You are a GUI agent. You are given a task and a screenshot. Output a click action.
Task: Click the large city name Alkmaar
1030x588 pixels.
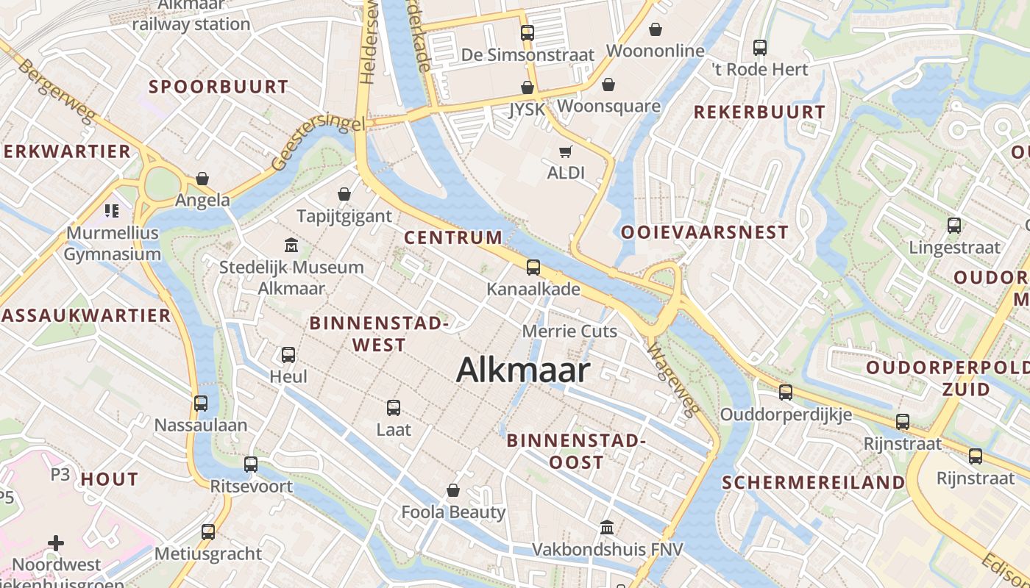pyautogui.click(x=523, y=370)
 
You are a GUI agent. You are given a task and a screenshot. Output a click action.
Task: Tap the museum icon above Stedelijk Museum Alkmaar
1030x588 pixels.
pyautogui.click(x=291, y=245)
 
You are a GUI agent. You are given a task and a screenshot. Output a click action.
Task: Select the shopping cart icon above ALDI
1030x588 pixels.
pyautogui.click(x=565, y=151)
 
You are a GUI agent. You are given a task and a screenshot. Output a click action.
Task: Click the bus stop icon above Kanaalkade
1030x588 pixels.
pyautogui.click(x=533, y=268)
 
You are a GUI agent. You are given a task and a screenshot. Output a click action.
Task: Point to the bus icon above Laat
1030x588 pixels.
pyautogui.click(x=394, y=407)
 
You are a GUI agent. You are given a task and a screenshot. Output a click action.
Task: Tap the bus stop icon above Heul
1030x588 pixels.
pyautogui.click(x=288, y=355)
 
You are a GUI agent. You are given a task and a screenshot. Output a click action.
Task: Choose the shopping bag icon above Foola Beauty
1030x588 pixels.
pyautogui.click(x=453, y=490)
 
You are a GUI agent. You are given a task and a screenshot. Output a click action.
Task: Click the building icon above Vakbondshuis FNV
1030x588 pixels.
pyautogui.click(x=607, y=527)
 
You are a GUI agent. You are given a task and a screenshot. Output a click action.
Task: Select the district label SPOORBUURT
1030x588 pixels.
pyautogui.click(x=219, y=87)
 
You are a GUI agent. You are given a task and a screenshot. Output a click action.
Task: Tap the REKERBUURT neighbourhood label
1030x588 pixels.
pyautogui.click(x=759, y=112)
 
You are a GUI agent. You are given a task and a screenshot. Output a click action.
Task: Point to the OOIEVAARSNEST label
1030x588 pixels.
pyautogui.click(x=704, y=232)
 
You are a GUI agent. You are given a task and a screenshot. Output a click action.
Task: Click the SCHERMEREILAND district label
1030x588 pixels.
pyautogui.click(x=813, y=483)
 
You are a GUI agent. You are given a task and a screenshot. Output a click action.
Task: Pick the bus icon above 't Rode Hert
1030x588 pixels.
pyautogui.click(x=760, y=48)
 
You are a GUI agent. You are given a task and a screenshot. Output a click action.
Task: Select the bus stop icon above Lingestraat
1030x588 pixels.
pyautogui.click(x=954, y=226)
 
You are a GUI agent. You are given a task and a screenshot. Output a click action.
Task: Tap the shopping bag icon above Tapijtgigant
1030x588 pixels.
pyautogui.click(x=344, y=194)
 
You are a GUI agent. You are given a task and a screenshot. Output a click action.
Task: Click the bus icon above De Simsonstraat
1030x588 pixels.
pyautogui.click(x=528, y=33)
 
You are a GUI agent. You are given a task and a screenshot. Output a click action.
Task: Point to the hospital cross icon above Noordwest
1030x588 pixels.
pyautogui.click(x=56, y=544)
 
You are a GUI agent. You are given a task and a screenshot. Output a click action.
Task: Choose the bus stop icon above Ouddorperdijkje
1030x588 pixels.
pyautogui.click(x=786, y=392)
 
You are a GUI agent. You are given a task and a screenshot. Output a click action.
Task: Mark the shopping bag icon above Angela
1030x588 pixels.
pyautogui.click(x=202, y=179)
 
